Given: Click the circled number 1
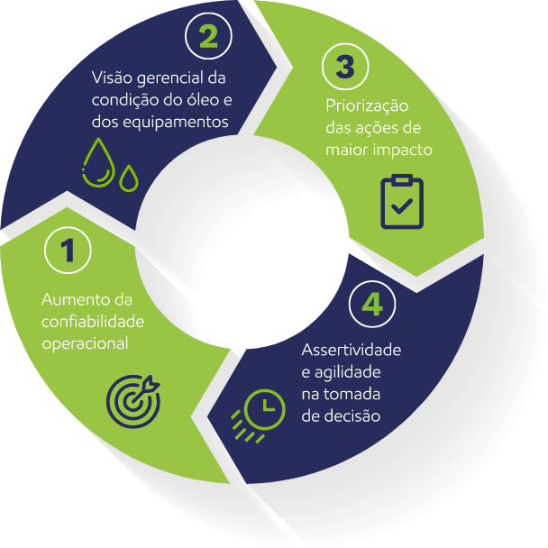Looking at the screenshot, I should coord(67,251).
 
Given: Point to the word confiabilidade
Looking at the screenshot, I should coord(93,321).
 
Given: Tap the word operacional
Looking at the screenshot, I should coord(85,342).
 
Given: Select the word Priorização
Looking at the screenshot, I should coord(368,106).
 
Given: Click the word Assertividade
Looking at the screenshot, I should coord(352,350).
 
